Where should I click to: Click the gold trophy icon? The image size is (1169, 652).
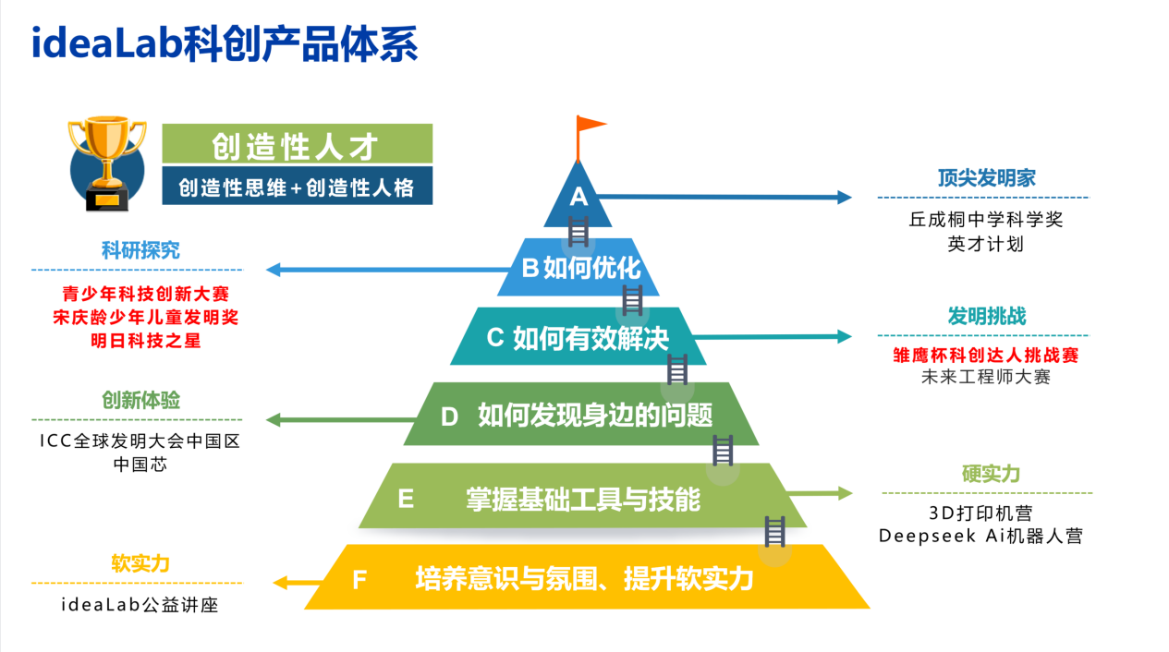coord(106,163)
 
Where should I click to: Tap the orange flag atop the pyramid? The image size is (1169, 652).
coord(590,126)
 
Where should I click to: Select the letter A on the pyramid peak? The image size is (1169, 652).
coord(578,197)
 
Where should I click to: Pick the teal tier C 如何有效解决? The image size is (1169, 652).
coord(578,338)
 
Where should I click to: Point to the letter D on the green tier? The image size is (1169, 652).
coord(449,417)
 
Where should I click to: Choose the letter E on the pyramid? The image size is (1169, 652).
coord(405,500)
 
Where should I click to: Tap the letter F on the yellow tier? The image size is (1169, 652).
coord(359,580)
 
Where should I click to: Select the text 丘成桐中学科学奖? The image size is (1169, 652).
coord(985,221)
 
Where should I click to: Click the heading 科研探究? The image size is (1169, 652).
coord(140,250)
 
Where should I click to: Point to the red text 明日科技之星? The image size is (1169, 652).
coord(140,340)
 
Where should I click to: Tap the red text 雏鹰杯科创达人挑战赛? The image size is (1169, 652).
coord(985,355)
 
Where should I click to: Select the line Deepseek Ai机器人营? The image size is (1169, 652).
coord(980,536)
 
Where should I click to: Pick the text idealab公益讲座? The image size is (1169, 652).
coord(140,606)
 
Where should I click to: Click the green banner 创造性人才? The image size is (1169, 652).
coord(296,145)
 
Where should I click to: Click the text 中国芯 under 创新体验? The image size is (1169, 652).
coord(140,464)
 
